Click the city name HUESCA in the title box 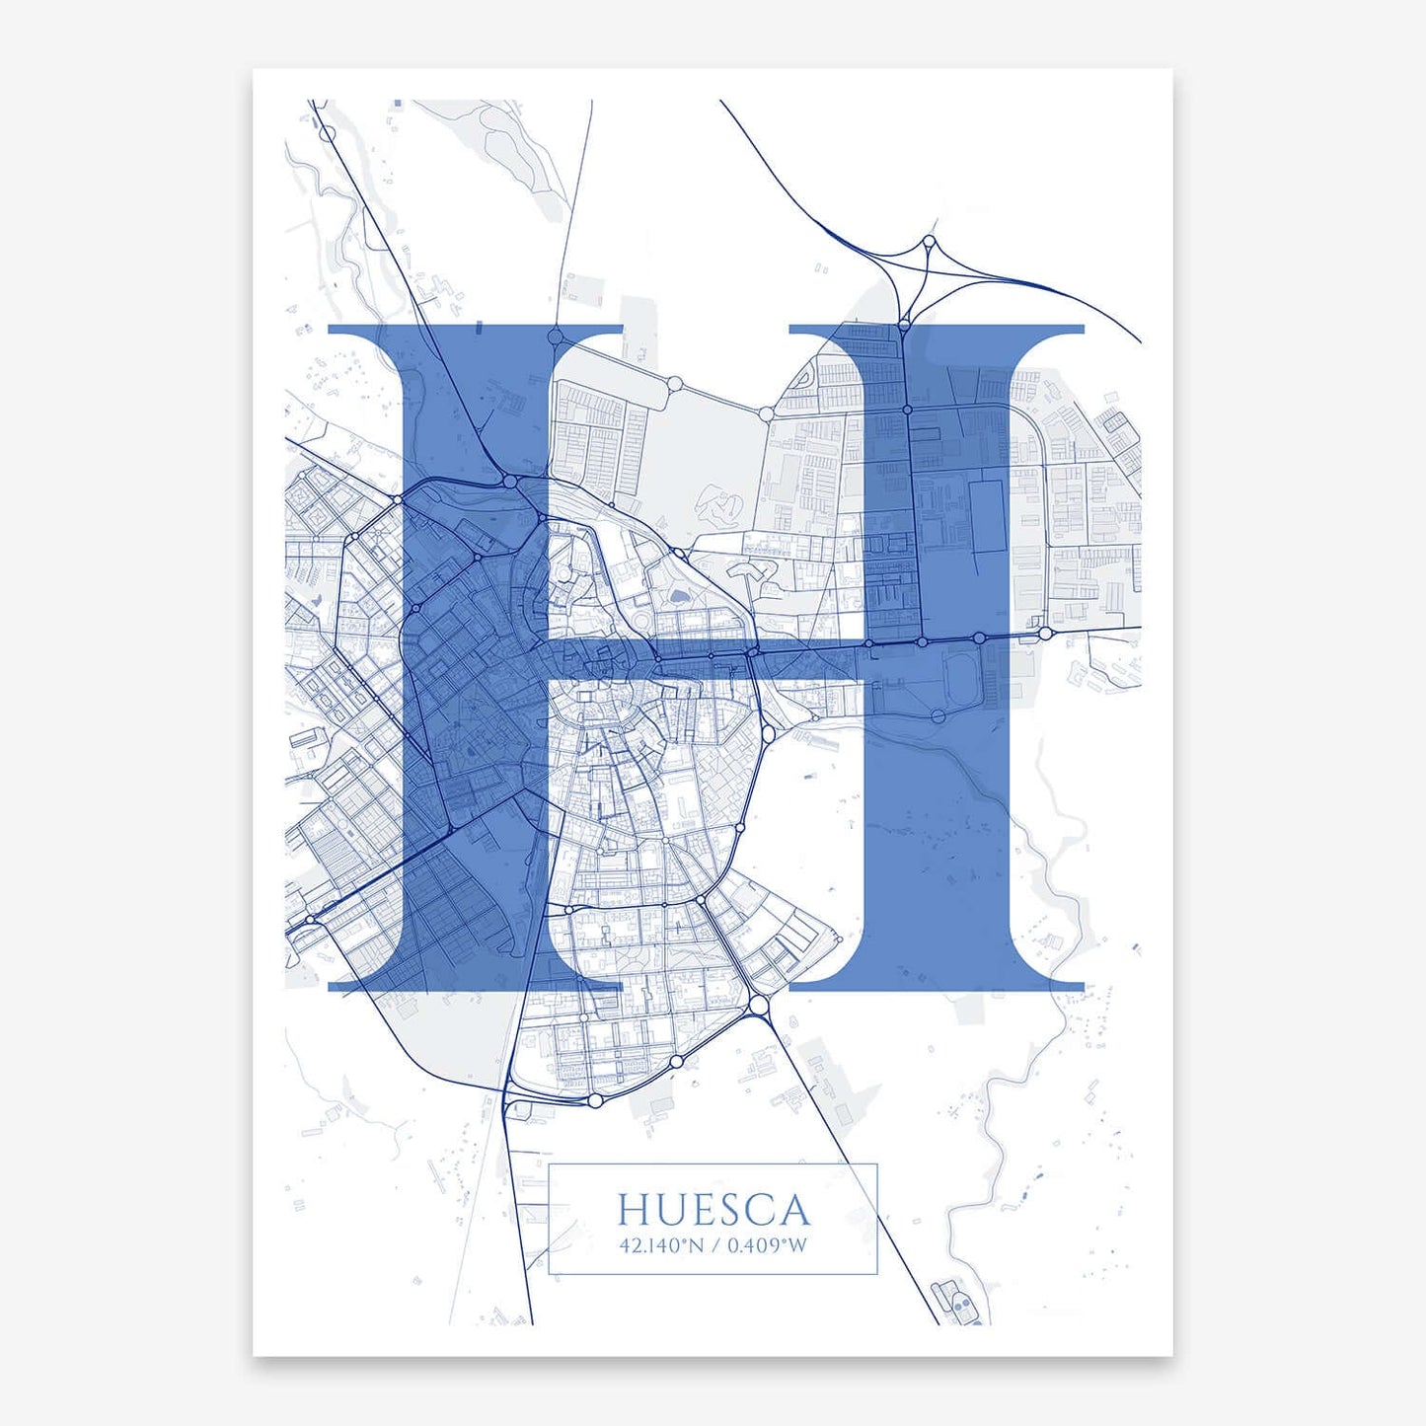pos(713,1210)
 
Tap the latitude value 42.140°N pos(661,1245)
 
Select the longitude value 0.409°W pos(767,1245)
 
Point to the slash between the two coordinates pos(715,1245)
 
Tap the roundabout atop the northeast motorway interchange pos(929,241)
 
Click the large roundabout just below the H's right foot pos(758,1005)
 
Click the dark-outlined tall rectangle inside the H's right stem pos(987,515)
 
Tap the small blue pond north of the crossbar pos(680,596)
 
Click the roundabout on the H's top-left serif pos(556,337)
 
